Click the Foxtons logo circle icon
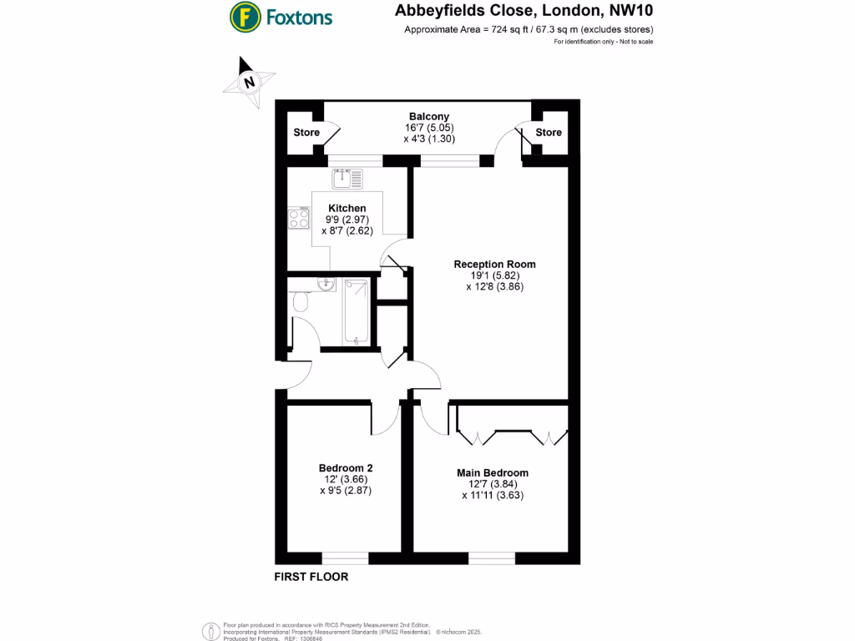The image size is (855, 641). (x=245, y=17)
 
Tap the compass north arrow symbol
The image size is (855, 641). (x=248, y=80)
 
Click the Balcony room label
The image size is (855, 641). (x=428, y=117)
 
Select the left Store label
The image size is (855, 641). (x=306, y=133)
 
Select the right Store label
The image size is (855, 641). (x=549, y=133)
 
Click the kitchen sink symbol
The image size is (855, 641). (x=347, y=178)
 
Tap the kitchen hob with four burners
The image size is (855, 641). (x=298, y=219)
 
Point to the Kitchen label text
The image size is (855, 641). (x=347, y=208)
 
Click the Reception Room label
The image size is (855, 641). (x=494, y=265)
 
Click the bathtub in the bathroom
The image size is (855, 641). (x=357, y=311)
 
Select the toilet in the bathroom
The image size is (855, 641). (x=301, y=301)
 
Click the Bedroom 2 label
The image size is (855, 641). (x=345, y=468)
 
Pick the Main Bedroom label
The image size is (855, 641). (x=492, y=473)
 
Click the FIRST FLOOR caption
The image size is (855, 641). (x=311, y=577)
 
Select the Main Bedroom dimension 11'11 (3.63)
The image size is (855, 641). (x=492, y=495)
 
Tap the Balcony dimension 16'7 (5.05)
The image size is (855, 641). (x=428, y=128)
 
